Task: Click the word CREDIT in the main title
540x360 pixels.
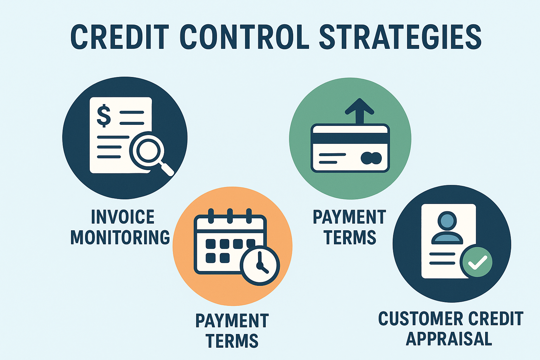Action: (x=120, y=37)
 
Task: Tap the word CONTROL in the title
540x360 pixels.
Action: (x=244, y=37)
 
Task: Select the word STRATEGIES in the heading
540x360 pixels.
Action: (x=400, y=37)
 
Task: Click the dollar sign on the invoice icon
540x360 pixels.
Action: (x=104, y=115)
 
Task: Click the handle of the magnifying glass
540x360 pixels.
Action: (x=167, y=169)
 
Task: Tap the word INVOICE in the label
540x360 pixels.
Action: (x=123, y=217)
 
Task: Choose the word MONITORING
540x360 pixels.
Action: (x=120, y=237)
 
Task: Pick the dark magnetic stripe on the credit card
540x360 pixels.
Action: (x=350, y=139)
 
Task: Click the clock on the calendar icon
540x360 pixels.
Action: (x=260, y=265)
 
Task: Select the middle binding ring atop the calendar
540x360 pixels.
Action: (x=230, y=216)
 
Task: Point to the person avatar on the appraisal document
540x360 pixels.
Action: (x=447, y=228)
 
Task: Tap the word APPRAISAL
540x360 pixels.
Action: (x=449, y=339)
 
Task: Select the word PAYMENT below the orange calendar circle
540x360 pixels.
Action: (x=232, y=321)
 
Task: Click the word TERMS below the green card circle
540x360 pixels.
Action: (x=350, y=237)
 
